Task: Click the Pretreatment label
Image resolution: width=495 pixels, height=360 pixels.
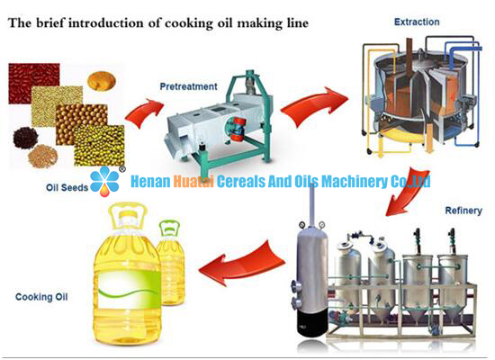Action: pos(188,86)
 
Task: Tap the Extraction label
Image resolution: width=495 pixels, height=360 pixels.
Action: pos(417,22)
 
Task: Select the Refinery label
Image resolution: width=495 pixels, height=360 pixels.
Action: pos(463,211)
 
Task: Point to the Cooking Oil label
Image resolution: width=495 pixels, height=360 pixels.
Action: pos(41,297)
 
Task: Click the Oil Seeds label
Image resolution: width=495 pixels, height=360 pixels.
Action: pos(67,187)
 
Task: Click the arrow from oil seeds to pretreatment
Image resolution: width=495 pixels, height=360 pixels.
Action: pos(145,113)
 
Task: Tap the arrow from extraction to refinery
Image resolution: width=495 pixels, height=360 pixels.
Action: pos(407,193)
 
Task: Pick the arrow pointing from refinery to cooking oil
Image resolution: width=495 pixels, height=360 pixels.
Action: pos(242,264)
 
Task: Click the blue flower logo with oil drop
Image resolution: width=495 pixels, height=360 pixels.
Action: pos(104,181)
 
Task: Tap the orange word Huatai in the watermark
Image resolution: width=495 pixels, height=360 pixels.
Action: pos(193,181)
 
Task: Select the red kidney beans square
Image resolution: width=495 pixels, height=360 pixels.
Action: pos(34,83)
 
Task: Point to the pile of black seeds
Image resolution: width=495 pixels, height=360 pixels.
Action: pos(25,138)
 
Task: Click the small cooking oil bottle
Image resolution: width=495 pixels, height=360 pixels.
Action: pos(170,263)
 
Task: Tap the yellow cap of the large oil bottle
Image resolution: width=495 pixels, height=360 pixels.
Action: pos(128,215)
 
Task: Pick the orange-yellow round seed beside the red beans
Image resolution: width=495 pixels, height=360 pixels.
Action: pos(102,81)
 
